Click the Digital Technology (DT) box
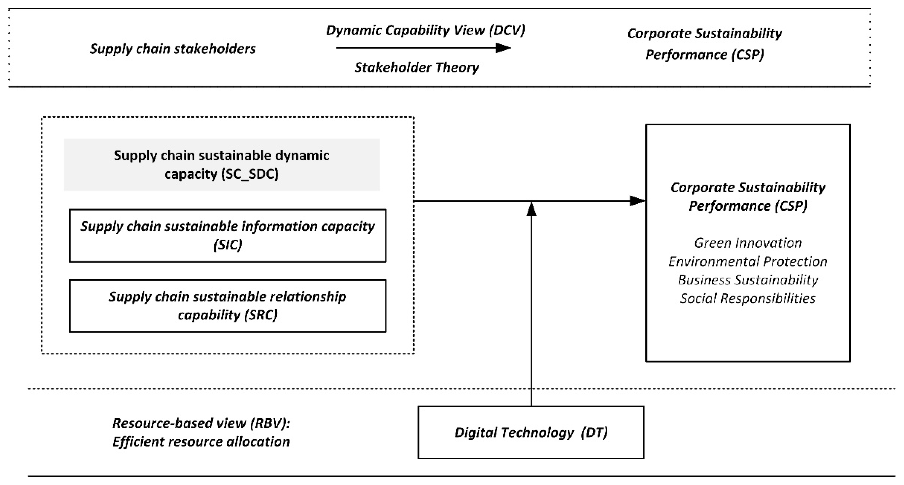[530, 432]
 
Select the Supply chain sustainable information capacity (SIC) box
[228, 235]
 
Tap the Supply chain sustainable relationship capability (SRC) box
[228, 305]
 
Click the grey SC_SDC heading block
[222, 164]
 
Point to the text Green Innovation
[748, 243]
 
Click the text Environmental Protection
[748, 261]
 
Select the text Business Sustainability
[748, 280]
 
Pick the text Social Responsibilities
[748, 298]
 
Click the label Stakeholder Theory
[416, 67]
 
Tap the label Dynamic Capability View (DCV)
[425, 31]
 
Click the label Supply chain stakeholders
[173, 49]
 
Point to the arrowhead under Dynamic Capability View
[503, 48]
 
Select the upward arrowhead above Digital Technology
[532, 209]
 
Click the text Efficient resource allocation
[201, 442]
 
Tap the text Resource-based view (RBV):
[201, 423]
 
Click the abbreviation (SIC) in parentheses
[228, 245]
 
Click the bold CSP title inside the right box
[748, 196]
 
